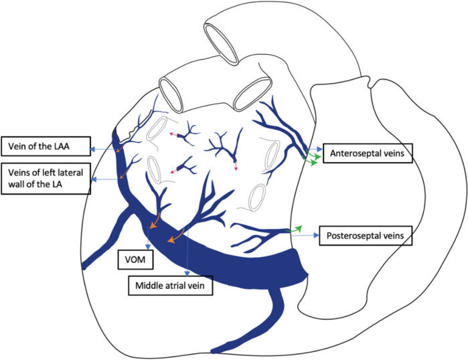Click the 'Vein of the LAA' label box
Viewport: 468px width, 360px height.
click(45, 146)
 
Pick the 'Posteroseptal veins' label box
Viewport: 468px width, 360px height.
click(366, 236)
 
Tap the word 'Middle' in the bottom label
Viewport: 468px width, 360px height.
click(149, 286)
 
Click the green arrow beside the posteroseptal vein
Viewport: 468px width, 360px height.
click(295, 229)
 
